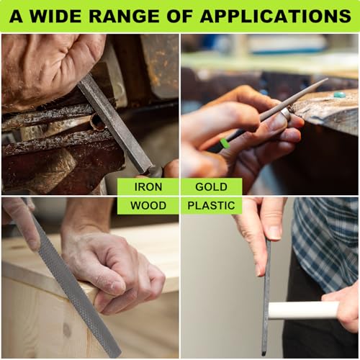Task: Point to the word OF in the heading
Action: [186, 16]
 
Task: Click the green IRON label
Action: [148, 186]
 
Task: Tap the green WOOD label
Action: [148, 205]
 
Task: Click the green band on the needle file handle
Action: [225, 143]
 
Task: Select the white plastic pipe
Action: [302, 310]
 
